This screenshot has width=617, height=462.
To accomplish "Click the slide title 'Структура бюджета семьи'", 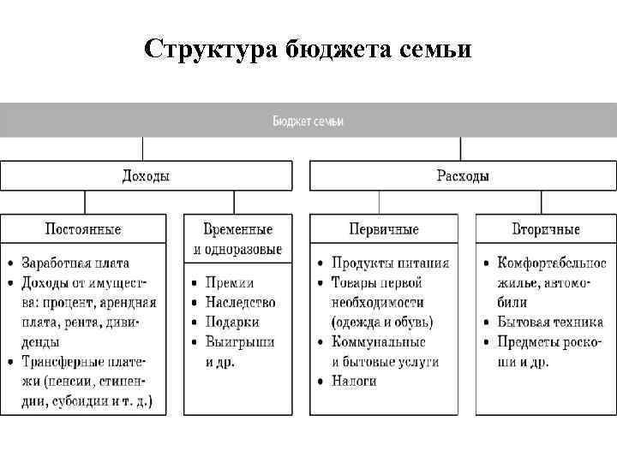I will tap(308, 50).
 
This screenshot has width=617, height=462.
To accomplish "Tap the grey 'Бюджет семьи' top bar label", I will tap(308, 121).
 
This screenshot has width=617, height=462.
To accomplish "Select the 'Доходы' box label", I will tap(146, 176).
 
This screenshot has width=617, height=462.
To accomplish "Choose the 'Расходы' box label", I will tap(463, 176).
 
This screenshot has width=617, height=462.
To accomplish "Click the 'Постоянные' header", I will tap(83, 229).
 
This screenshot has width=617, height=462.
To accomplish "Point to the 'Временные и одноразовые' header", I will tap(237, 239).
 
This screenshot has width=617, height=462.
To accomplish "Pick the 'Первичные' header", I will tap(383, 229).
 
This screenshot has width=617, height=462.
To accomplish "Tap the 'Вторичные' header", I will tap(546, 229).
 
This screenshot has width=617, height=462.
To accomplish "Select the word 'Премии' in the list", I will tap(230, 282).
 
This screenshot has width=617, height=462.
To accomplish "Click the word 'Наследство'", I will tap(240, 302).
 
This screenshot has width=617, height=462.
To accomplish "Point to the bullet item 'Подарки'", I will tap(232, 322).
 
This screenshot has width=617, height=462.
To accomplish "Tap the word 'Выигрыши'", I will tap(240, 341).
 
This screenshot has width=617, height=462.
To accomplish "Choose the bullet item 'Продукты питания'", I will tap(390, 263).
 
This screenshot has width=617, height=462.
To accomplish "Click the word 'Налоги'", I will tap(355, 381).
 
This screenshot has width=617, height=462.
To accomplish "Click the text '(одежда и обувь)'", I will tap(382, 322).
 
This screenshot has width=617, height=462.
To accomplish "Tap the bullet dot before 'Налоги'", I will tap(319, 382).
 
